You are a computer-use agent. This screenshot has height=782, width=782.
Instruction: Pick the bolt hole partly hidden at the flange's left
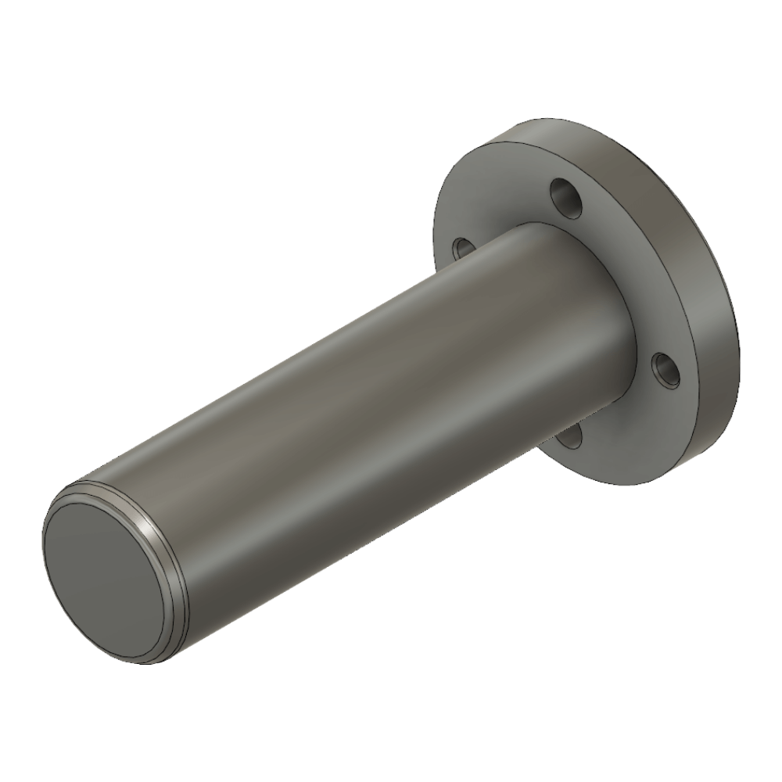point(462,248)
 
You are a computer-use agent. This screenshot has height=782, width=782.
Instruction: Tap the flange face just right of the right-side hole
point(688,383)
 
